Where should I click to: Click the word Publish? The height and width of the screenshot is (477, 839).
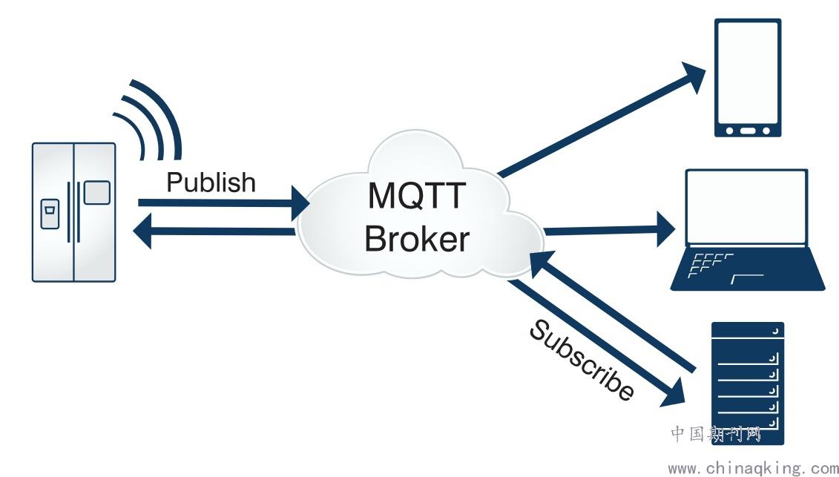(211, 182)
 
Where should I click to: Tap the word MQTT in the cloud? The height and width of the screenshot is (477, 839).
(416, 195)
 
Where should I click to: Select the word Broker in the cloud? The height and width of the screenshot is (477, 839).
(417, 239)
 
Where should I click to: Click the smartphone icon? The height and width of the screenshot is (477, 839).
(748, 78)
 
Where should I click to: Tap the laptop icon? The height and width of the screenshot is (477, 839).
(748, 230)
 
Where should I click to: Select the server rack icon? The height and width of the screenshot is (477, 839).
(748, 384)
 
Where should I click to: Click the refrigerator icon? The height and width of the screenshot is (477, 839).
(74, 212)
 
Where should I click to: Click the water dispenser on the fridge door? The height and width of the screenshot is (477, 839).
(50, 214)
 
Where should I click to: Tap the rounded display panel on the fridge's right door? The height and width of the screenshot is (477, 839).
(97, 193)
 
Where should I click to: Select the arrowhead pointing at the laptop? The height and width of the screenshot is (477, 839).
(666, 229)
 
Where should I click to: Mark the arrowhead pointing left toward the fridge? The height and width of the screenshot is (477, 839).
(142, 231)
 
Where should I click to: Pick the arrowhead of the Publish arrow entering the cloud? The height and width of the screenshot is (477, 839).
(300, 203)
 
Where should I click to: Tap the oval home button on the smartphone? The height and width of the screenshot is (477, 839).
(748, 131)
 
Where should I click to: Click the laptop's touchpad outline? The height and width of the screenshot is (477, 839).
(747, 278)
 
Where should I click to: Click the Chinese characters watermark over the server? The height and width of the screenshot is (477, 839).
(715, 434)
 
